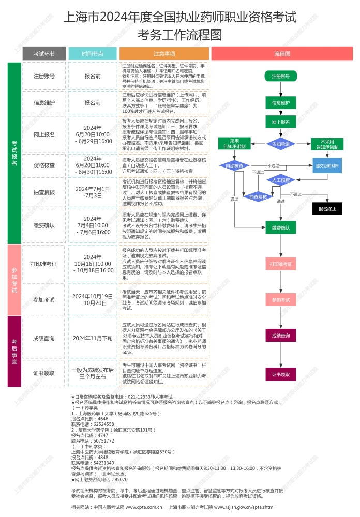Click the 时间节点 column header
click(x=93, y=53)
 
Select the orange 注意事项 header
click(x=164, y=53)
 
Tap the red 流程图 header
click(x=282, y=53)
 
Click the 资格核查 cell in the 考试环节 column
click(x=44, y=165)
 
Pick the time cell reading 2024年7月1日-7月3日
click(x=93, y=192)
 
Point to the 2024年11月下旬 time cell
click(x=93, y=338)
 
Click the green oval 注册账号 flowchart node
click(x=281, y=77)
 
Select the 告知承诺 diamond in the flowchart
click(x=281, y=144)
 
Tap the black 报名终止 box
click(x=327, y=209)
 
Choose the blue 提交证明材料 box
click(x=327, y=166)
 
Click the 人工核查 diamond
click(x=281, y=180)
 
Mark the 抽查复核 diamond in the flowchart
click(x=258, y=196)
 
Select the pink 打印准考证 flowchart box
click(x=281, y=264)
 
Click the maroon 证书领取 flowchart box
click(x=281, y=373)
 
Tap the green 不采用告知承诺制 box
click(x=327, y=144)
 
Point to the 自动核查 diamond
click(x=234, y=166)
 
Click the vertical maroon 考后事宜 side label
click(x=14, y=352)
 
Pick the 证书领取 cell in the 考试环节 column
click(x=44, y=373)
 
